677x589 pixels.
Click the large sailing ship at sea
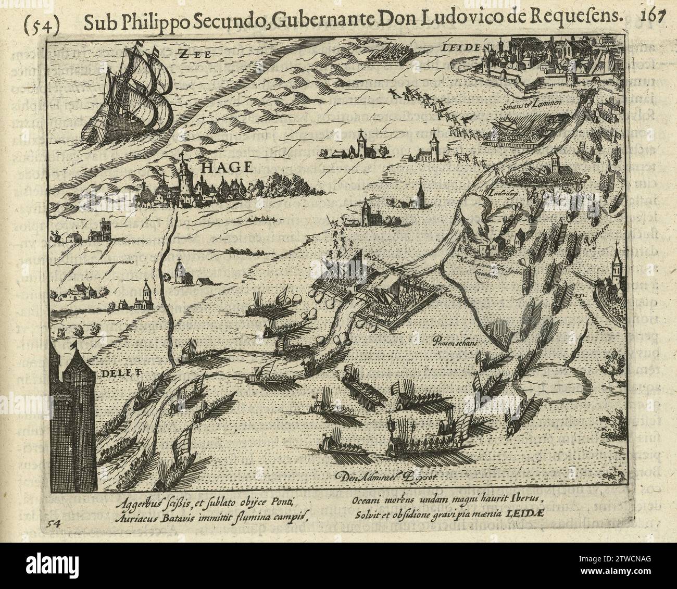click(x=136, y=99)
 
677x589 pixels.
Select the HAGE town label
click(x=225, y=168)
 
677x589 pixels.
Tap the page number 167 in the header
click(x=653, y=16)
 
